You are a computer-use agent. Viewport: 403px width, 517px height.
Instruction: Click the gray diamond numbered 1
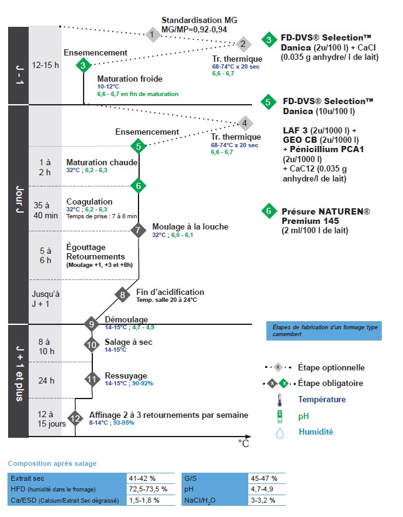152,34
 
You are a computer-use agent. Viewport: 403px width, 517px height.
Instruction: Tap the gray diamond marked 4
245,123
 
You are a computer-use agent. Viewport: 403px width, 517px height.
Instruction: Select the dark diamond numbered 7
138,230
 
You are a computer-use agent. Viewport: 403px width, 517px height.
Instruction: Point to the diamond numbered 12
75,418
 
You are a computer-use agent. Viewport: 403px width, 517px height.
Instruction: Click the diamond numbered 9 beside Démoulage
92,323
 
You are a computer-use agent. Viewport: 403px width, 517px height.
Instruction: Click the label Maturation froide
130,79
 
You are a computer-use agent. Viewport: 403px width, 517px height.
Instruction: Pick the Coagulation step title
90,201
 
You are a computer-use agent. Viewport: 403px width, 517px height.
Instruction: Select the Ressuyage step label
126,376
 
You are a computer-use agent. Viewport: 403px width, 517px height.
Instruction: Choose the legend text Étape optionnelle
331,367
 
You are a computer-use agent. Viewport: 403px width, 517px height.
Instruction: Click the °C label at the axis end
244,443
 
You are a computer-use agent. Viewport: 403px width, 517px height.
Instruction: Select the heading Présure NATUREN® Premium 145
316,216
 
